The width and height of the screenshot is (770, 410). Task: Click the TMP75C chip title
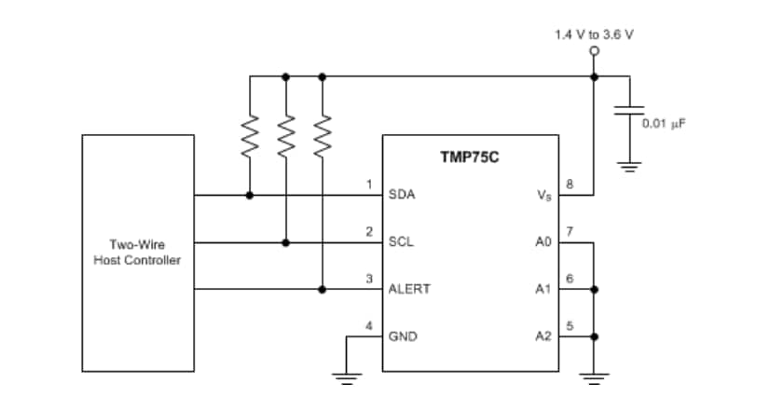470,157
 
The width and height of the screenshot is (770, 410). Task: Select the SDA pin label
402,196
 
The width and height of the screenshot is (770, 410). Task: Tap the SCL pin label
402,242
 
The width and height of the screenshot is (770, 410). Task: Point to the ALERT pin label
409,289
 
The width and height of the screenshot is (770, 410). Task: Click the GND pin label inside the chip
403,335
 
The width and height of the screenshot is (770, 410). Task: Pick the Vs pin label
543,197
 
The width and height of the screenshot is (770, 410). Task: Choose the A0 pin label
543,242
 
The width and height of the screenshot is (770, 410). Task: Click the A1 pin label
543,289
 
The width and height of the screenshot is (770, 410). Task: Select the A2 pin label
543,335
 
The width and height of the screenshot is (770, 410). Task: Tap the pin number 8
570,184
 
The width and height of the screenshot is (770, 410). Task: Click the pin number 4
369,325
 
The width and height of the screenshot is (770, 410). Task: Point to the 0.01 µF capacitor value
664,122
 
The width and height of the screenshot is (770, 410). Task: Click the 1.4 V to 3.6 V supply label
595,34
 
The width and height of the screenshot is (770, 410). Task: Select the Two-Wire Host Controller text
137,253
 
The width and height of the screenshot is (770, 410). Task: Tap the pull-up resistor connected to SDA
249,137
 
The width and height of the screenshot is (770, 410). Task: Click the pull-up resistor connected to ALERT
323,137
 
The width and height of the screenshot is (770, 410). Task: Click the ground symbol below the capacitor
630,168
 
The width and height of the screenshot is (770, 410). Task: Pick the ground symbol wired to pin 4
346,376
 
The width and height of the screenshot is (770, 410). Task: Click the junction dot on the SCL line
285,242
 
